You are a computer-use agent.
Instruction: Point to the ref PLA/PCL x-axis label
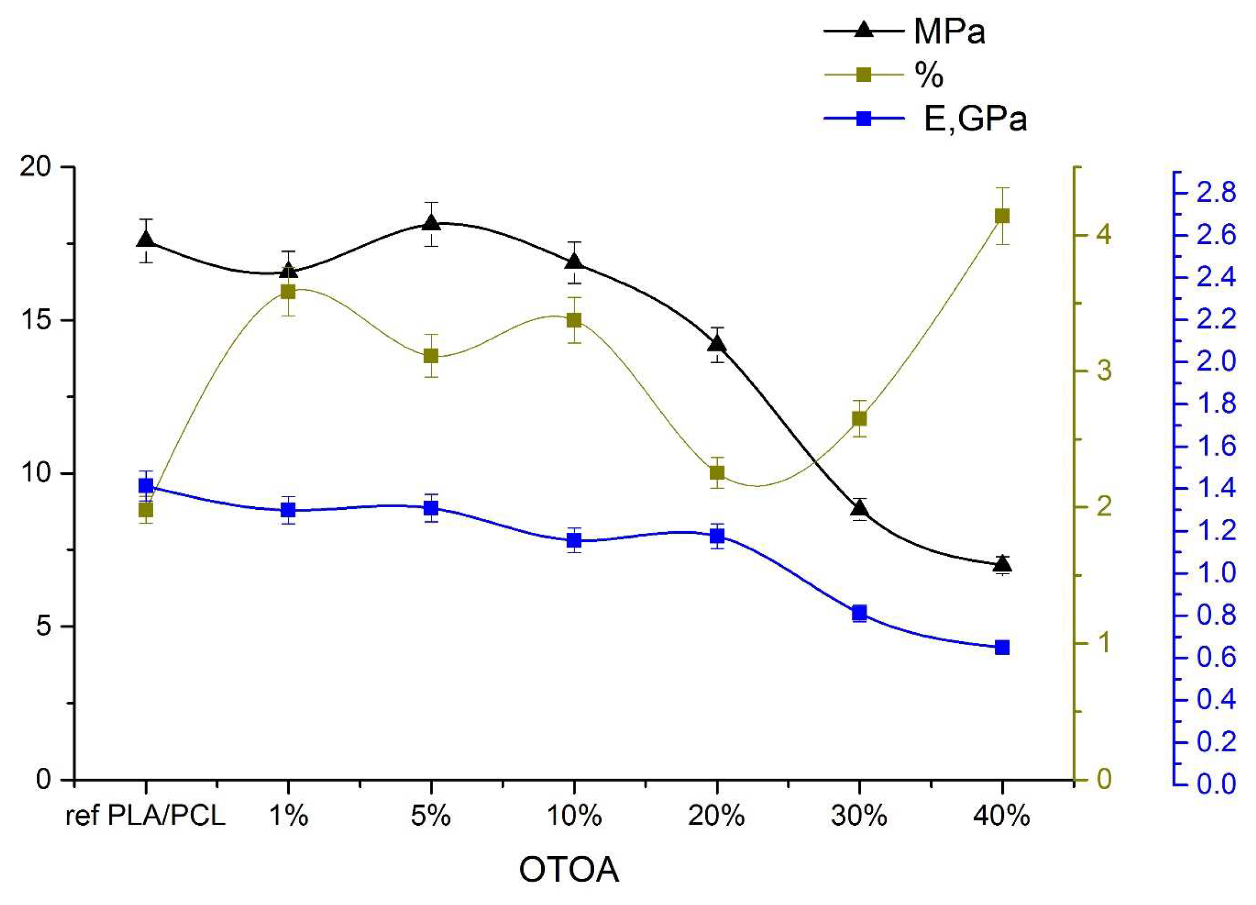click(x=146, y=816)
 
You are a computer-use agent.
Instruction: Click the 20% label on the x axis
click(x=717, y=816)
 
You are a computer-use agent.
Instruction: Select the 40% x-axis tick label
click(x=1002, y=816)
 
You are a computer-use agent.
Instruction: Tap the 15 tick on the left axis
click(x=37, y=321)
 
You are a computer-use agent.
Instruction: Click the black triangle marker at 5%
click(x=431, y=222)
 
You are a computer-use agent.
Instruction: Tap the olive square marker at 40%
click(x=1002, y=216)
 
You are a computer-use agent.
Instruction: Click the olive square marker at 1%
click(x=288, y=292)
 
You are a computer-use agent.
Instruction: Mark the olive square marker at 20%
click(x=717, y=473)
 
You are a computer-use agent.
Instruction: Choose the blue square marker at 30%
click(x=860, y=613)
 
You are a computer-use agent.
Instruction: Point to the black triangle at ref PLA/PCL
click(x=146, y=240)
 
